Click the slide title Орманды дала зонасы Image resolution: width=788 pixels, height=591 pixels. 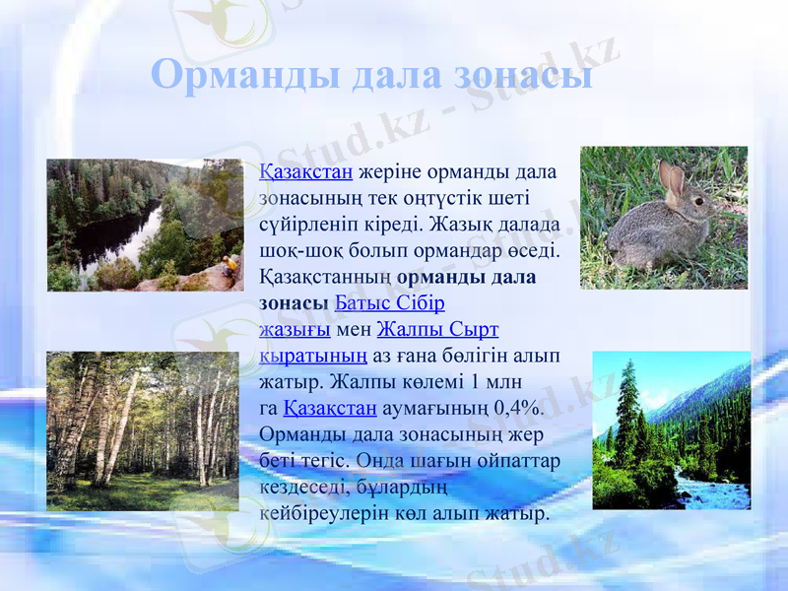pyautogui.click(x=372, y=75)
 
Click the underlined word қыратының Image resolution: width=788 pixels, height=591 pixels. pyautogui.click(x=313, y=354)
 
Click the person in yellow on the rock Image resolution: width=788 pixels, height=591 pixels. pyautogui.click(x=230, y=264)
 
